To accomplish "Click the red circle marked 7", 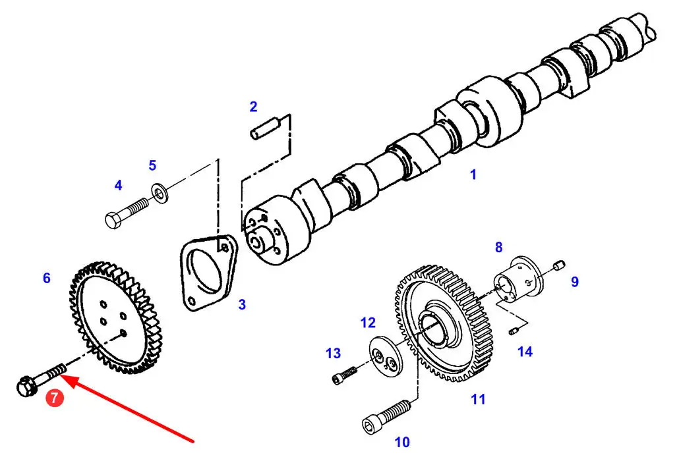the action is [x=55, y=398].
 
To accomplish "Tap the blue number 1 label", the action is [x=473, y=175].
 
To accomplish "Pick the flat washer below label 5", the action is [x=160, y=194].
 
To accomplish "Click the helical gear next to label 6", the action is [x=115, y=317].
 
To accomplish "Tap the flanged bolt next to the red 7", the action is [x=41, y=377].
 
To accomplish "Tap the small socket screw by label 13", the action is [x=345, y=375].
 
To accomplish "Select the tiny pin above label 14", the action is [x=514, y=332].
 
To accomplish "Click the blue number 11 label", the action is [x=478, y=399].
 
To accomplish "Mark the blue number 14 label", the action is [x=525, y=351].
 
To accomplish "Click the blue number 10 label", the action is [x=402, y=442].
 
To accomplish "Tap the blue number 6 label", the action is [x=47, y=278].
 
